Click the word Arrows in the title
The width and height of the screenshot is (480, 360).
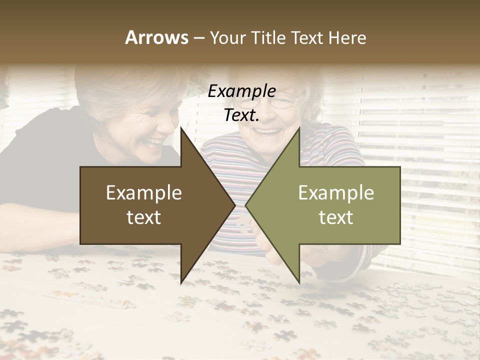pyautogui.click(x=156, y=37)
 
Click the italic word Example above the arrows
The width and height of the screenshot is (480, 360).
pyautogui.click(x=241, y=91)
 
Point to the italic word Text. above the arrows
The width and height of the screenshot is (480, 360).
pyautogui.click(x=241, y=115)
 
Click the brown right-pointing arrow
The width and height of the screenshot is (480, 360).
pyautogui.click(x=150, y=205)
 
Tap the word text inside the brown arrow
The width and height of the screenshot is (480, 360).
pyautogui.click(x=143, y=217)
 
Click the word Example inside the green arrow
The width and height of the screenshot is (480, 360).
pyautogui.click(x=336, y=192)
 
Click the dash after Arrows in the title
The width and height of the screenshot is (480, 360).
pyautogui.click(x=198, y=38)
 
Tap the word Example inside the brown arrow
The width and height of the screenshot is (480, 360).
pyautogui.click(x=143, y=192)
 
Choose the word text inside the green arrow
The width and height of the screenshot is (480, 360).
pyautogui.click(x=336, y=217)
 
